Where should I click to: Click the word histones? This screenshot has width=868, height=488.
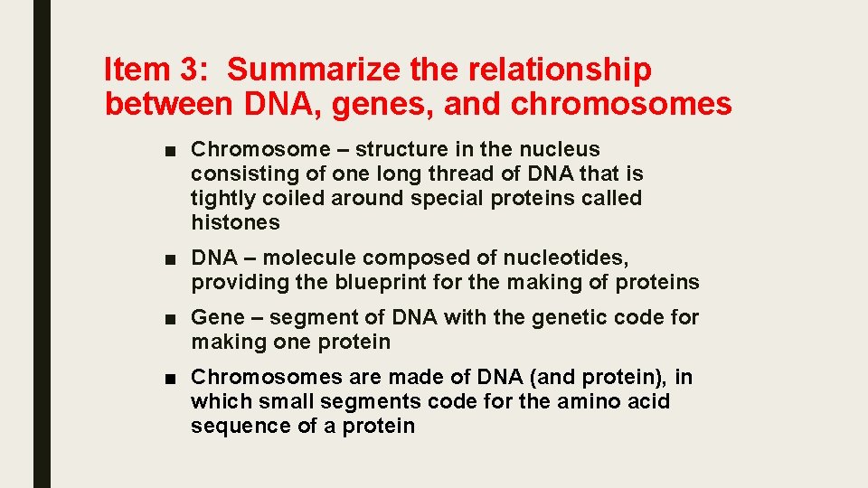[235, 222]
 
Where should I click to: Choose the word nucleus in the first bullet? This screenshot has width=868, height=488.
[567, 149]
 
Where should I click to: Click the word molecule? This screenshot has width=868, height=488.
[307, 258]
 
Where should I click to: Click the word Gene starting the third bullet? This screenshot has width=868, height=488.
[218, 318]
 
